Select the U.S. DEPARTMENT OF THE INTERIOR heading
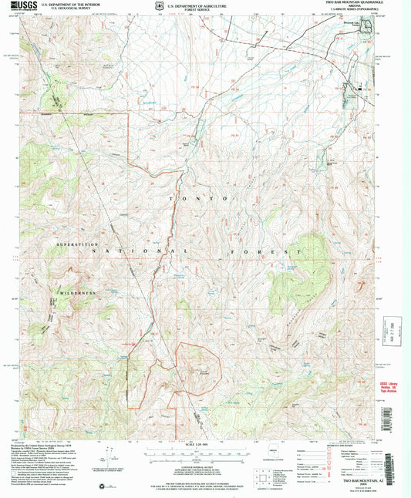69,4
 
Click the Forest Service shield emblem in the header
159,5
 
